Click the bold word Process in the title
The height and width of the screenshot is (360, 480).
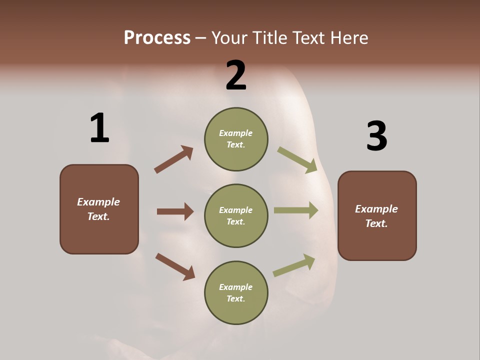click(157, 38)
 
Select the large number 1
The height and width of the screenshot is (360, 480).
click(99, 128)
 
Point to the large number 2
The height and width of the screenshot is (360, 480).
click(236, 75)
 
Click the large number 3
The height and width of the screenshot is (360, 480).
click(376, 136)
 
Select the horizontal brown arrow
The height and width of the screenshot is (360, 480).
click(175, 211)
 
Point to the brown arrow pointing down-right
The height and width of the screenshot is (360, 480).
click(175, 266)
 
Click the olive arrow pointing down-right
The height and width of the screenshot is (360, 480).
click(297, 159)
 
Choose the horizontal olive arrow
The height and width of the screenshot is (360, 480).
click(295, 210)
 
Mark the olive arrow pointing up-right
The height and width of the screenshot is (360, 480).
click(294, 265)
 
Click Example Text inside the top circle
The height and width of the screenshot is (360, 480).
click(236, 139)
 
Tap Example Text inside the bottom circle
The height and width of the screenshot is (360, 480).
click(236, 293)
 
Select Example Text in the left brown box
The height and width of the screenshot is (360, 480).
click(98, 209)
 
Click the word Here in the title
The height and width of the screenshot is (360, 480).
click(350, 38)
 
